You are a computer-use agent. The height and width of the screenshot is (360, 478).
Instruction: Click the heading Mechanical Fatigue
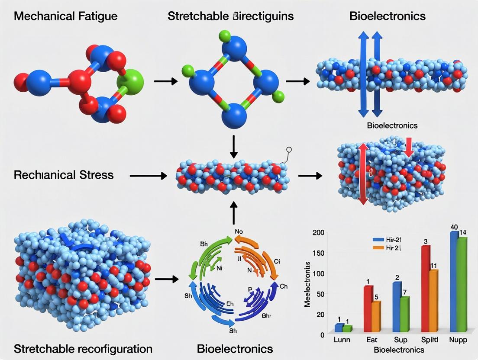(x=66, y=16)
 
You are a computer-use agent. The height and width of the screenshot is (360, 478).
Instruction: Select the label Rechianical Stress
(x=64, y=175)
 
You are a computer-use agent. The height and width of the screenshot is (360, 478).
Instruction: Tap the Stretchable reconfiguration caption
(x=83, y=348)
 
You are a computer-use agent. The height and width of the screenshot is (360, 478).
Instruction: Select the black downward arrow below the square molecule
(x=234, y=147)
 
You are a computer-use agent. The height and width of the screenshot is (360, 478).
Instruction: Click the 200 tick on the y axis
(x=318, y=233)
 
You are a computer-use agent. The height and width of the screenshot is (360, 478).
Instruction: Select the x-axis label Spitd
(x=430, y=340)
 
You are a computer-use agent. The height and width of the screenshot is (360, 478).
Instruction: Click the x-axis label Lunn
(x=342, y=340)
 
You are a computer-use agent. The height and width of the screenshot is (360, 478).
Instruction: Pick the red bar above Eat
(x=368, y=309)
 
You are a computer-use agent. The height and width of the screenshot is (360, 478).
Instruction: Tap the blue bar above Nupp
(x=454, y=282)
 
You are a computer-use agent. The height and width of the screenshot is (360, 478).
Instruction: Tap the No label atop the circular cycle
(x=239, y=231)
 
